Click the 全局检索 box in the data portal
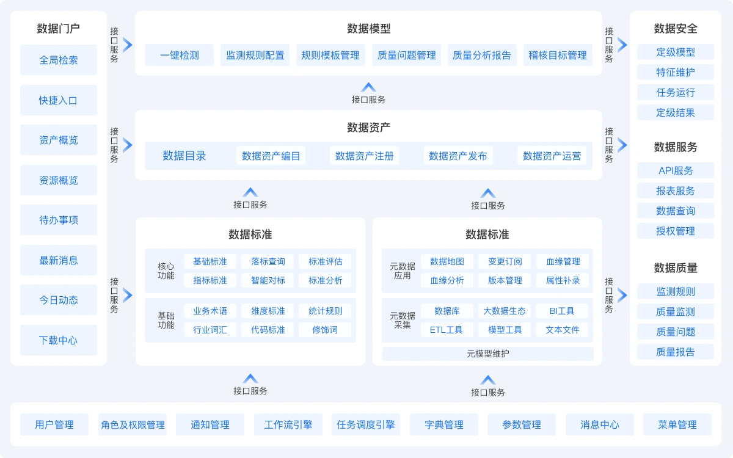(59, 60)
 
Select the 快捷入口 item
(59, 100)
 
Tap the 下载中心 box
(59, 340)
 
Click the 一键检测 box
(180, 55)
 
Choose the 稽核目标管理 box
(558, 55)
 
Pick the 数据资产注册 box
(365, 156)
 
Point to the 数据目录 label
(184, 156)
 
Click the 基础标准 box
(210, 261)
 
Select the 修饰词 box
(325, 330)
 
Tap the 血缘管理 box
(563, 261)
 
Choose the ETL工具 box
(447, 330)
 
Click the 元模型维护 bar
(488, 354)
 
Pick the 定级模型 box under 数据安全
(676, 52)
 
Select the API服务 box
(676, 170)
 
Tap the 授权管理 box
(676, 231)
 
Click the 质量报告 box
(676, 352)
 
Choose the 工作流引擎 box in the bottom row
(288, 424)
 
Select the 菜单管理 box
(677, 424)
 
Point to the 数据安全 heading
(676, 29)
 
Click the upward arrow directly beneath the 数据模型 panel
(368, 87)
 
